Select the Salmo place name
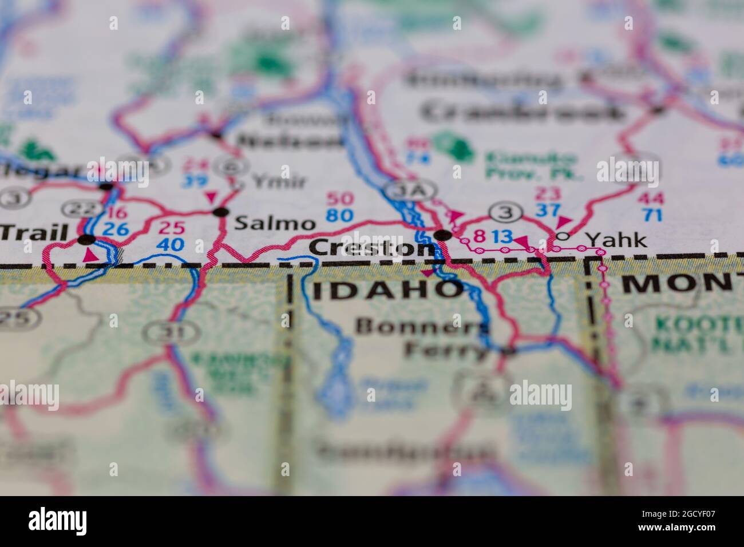click(275, 223)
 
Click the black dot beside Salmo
click(220, 212)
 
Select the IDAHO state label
click(387, 289)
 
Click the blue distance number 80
click(339, 215)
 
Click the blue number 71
click(651, 215)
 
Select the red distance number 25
click(171, 228)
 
